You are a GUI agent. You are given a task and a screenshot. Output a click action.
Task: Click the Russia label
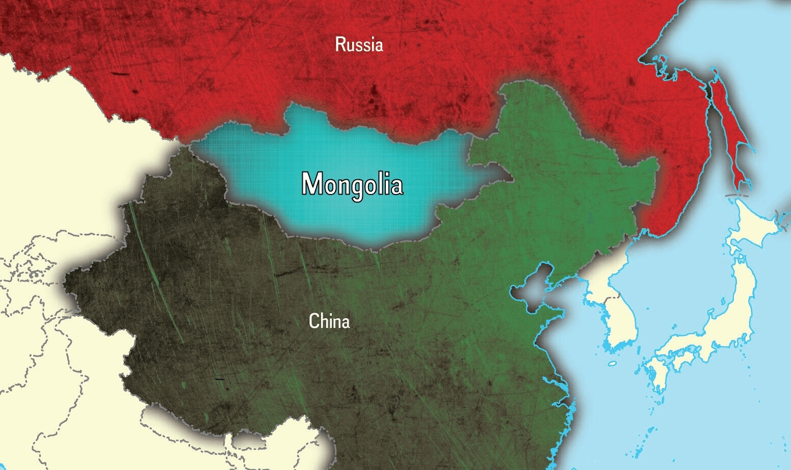point(359,45)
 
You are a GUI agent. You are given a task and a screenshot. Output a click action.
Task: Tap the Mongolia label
point(352,184)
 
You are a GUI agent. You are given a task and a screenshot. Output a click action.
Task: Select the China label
point(329,322)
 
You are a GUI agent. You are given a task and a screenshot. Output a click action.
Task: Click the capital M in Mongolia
point(312,184)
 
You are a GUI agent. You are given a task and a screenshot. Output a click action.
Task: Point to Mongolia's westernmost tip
point(192,147)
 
